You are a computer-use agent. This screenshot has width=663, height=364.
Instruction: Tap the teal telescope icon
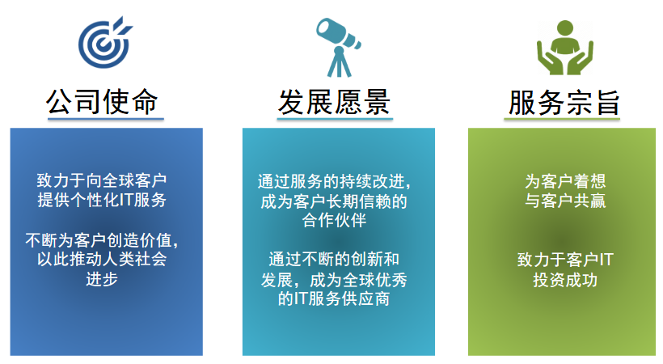coord(338,47)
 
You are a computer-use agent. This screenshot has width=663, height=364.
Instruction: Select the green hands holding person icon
coord(565,48)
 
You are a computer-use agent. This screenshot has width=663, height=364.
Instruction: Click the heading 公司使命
coord(102,102)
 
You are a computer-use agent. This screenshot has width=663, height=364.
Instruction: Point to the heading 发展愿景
coord(334,102)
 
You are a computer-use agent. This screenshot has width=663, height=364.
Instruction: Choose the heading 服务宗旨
coord(564,102)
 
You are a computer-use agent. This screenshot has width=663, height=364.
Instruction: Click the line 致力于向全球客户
coord(102,180)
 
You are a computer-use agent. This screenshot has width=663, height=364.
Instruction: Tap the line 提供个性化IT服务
coord(102,200)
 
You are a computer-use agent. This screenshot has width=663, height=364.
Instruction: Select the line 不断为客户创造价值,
coord(102,240)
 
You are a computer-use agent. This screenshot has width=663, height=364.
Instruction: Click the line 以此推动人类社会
coord(102,259)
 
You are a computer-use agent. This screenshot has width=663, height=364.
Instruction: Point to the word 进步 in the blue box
coord(102,279)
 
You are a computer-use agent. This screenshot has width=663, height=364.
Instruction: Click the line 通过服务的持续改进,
coord(335,181)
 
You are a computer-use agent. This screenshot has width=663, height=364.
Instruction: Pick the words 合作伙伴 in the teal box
coord(334,220)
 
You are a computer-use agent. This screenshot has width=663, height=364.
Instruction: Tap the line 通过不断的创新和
coord(334,259)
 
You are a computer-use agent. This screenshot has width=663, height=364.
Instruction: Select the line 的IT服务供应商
coord(334,298)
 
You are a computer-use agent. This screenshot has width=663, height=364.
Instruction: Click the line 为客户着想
coord(565,181)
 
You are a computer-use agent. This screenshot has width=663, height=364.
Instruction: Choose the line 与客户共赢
coord(565,201)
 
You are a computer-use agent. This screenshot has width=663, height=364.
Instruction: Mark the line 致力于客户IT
coord(565,260)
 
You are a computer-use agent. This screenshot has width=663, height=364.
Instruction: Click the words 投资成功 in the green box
coord(565,280)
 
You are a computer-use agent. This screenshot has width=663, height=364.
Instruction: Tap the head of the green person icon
coord(565,28)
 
